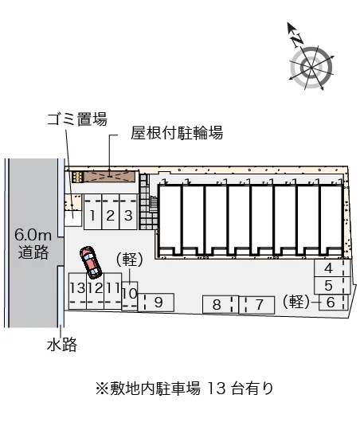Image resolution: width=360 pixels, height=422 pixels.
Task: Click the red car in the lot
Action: tap(91, 262)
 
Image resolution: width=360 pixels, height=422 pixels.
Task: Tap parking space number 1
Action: tap(93, 212)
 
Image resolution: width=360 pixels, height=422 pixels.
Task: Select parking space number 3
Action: tap(128, 212)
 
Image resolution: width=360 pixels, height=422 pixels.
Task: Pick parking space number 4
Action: tap(332, 268)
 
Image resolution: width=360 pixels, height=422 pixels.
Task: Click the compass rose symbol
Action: tap(311, 67)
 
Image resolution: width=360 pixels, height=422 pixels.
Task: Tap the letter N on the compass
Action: tap(297, 41)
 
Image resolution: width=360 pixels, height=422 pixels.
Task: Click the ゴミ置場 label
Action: tap(77, 119)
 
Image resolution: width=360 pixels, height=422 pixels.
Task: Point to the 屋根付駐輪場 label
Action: tap(177, 132)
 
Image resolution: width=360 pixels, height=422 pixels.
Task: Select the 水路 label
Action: tap(62, 345)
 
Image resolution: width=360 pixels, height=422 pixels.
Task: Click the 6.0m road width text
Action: tap(33, 235)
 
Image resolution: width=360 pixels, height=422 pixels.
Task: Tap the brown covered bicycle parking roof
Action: tap(110, 177)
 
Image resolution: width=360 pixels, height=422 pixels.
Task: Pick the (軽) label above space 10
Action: tap(129, 260)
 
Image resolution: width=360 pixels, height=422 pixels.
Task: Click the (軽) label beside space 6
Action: tap(296, 302)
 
